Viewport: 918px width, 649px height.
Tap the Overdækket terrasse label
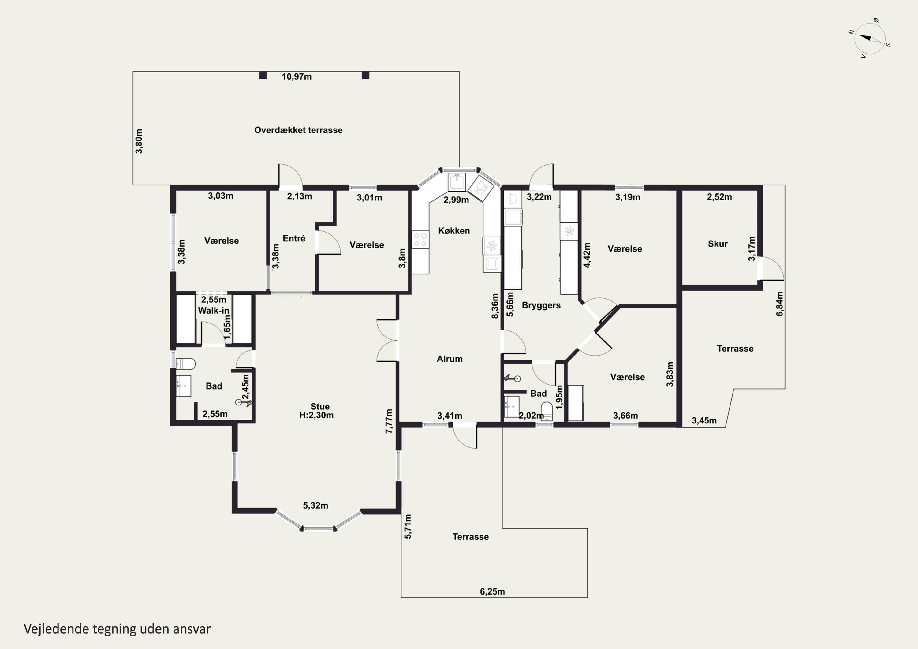point(298,130)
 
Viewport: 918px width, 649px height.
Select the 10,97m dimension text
point(297,76)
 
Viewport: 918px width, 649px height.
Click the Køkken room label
point(454,231)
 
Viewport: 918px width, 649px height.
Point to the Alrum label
point(450,359)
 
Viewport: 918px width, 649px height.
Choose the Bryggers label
point(541,305)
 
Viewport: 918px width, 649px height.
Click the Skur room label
point(718,244)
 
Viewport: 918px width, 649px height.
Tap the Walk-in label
point(214,311)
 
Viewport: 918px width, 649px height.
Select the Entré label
point(294,238)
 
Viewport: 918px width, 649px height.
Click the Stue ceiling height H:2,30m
point(316,415)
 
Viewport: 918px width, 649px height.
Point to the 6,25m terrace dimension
point(492,591)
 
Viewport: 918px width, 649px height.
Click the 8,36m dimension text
point(495,306)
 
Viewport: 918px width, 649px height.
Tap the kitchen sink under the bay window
point(457,182)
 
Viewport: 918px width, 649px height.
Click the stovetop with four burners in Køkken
point(420,240)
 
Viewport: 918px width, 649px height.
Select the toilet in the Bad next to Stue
point(185,364)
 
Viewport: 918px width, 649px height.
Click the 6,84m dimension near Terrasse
point(780,304)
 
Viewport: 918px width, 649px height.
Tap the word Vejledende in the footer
point(56,629)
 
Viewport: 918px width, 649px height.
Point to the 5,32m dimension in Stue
point(315,505)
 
